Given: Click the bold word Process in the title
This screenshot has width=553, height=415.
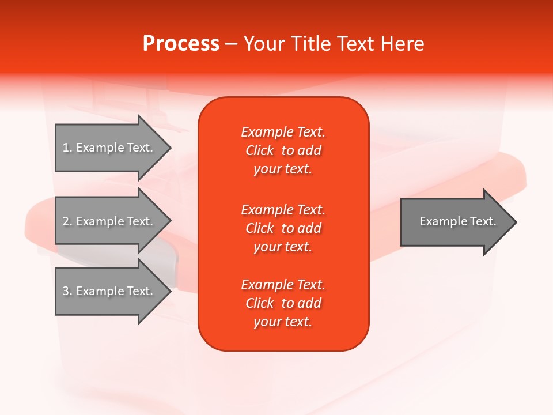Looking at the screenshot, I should (181, 44).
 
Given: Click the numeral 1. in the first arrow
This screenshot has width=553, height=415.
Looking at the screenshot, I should (67, 148).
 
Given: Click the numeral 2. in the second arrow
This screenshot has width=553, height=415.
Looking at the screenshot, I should (67, 221).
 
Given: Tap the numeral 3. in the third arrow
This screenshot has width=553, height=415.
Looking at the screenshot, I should (67, 291).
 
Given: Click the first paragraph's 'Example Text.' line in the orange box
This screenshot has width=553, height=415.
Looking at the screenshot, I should (283, 132).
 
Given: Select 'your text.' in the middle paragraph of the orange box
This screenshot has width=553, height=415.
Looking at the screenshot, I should (283, 247).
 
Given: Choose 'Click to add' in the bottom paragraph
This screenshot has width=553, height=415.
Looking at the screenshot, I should (283, 303).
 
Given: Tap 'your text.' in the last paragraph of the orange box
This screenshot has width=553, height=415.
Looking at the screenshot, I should (283, 322).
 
